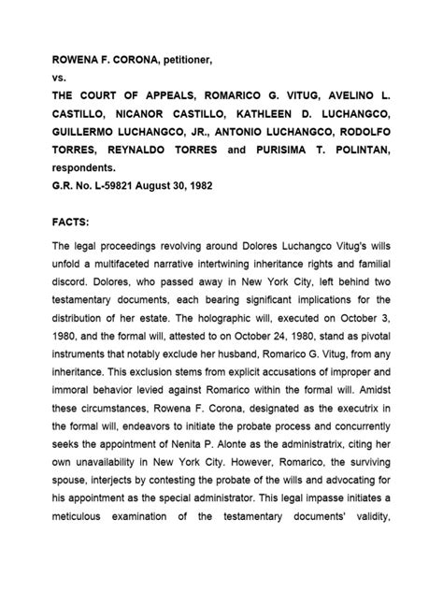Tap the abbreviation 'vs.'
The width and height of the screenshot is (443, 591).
click(x=60, y=80)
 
